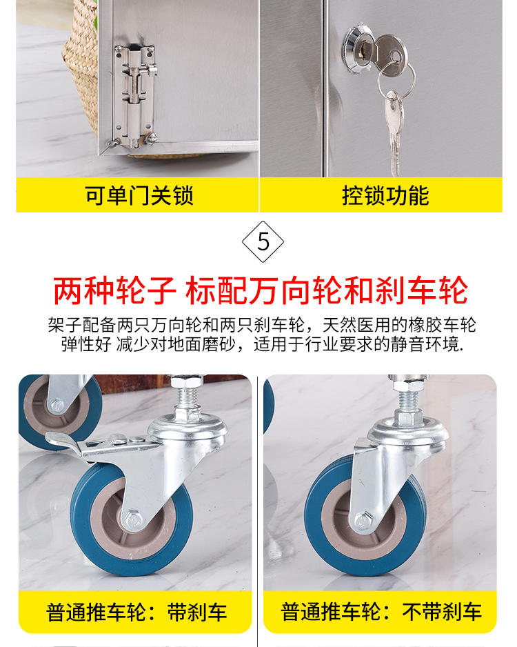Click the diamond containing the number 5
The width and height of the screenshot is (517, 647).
263,242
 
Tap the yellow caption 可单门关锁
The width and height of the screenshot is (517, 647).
139,195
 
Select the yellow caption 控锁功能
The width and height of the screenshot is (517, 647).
385,195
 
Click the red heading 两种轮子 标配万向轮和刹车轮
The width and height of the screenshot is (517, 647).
260,291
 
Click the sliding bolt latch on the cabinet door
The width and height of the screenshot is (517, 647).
134,97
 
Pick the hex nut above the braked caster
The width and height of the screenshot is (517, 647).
187,381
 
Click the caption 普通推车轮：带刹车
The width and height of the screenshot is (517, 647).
136,613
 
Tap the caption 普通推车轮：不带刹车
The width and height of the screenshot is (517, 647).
381,612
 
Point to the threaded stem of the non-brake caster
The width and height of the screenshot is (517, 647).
408,401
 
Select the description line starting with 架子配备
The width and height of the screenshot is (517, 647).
262,325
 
